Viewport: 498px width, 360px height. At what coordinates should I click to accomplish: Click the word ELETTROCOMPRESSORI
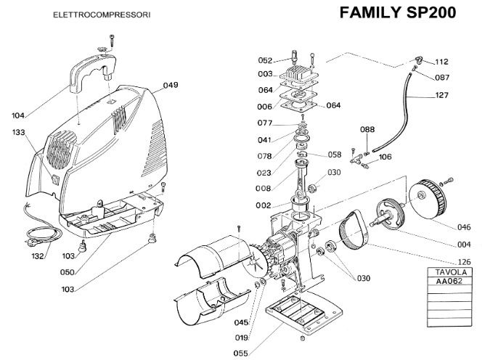click(x=102, y=15)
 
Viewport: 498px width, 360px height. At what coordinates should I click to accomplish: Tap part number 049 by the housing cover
click(x=171, y=86)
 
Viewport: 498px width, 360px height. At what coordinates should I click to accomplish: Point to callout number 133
click(x=19, y=133)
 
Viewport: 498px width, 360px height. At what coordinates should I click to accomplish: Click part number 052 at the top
click(x=265, y=60)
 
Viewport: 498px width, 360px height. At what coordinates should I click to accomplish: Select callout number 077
click(x=264, y=123)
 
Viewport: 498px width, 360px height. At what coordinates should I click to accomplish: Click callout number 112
click(x=443, y=61)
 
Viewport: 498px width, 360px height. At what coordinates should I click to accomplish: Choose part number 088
click(x=368, y=130)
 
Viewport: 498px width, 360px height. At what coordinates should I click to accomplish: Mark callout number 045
click(x=241, y=323)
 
